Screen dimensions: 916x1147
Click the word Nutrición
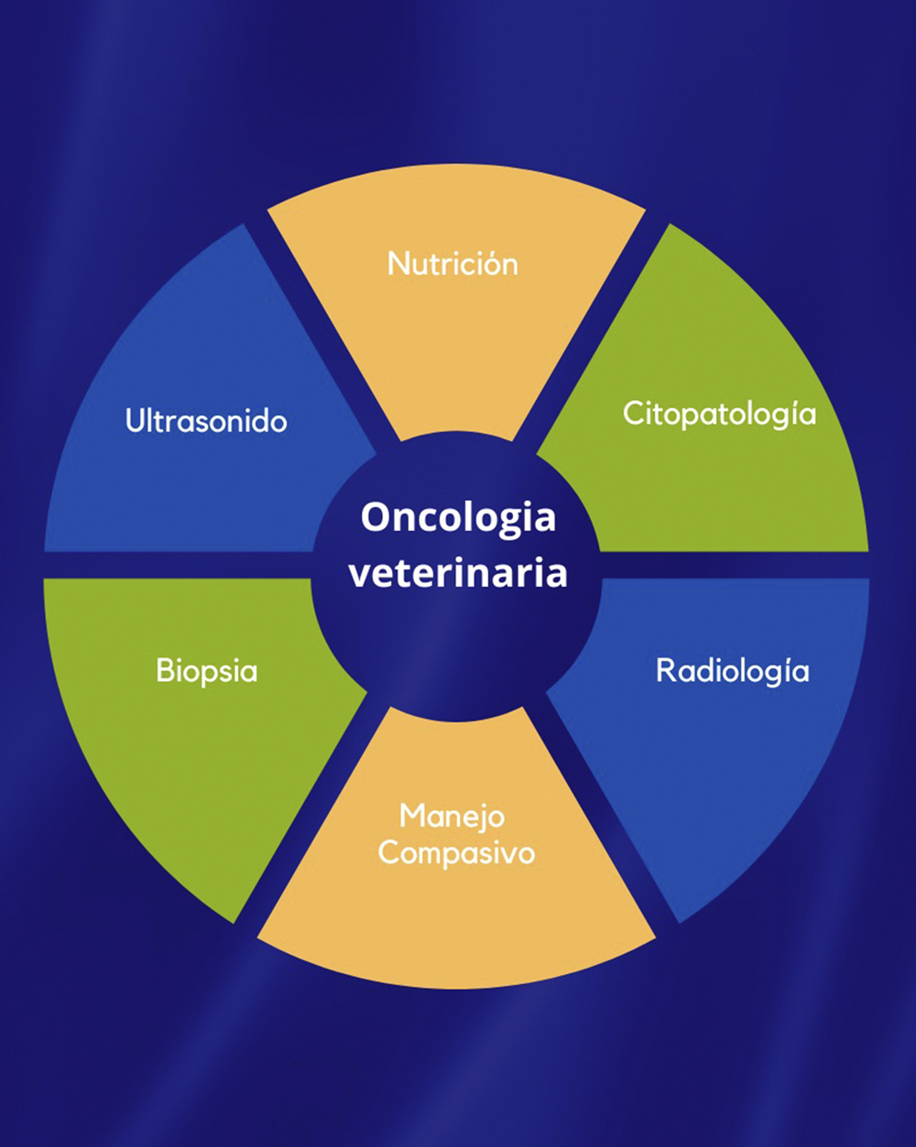(453, 264)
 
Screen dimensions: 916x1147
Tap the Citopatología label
(719, 414)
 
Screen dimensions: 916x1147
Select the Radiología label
(732, 670)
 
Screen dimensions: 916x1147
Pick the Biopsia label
(206, 670)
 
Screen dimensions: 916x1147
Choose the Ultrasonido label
(206, 420)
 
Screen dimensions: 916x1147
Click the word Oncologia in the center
(458, 518)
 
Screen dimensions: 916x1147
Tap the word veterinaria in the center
(458, 573)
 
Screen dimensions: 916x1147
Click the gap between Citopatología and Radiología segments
(736, 565)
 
